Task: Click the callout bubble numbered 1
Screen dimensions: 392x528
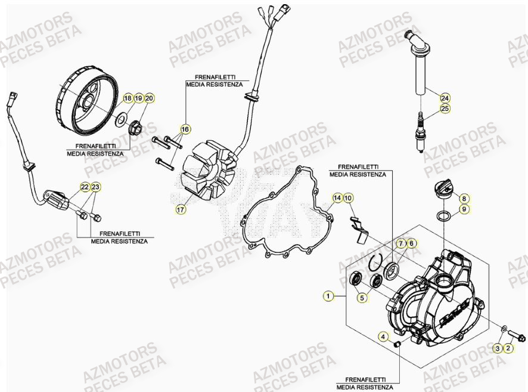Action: tap(327, 295)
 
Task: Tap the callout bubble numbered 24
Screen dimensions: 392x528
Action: tap(445, 97)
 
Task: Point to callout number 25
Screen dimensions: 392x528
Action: tap(445, 109)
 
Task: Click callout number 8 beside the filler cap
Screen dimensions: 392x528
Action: tap(464, 198)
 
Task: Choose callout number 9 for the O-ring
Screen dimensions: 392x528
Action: tap(464, 209)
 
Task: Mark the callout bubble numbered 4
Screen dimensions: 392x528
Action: tap(384, 338)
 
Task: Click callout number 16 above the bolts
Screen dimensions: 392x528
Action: tap(185, 129)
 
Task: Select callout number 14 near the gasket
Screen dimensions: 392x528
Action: tap(337, 197)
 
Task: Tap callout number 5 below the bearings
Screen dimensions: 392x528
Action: tap(362, 297)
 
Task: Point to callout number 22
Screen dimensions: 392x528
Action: tap(85, 187)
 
